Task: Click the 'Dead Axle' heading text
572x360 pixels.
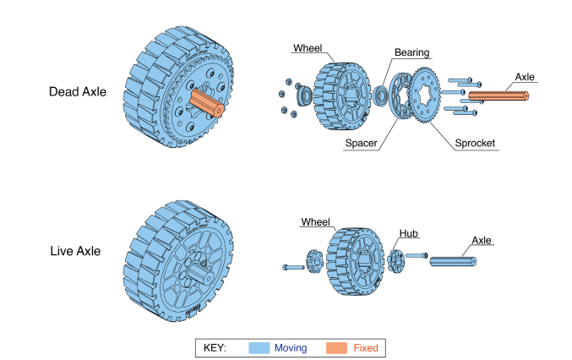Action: (x=78, y=91)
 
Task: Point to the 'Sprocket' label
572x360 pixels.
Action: (x=474, y=144)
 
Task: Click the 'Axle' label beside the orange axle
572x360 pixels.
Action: (x=525, y=77)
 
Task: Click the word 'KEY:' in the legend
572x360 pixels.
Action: (x=215, y=346)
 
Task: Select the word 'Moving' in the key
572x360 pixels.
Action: (x=291, y=346)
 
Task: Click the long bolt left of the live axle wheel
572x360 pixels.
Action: (x=291, y=267)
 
